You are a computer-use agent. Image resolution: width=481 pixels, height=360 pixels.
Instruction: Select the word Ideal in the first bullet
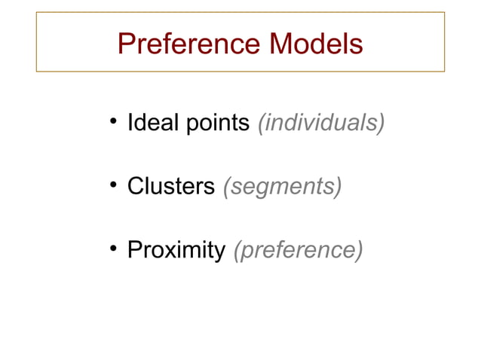[x=146, y=122]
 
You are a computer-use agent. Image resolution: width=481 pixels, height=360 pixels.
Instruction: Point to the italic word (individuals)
[x=321, y=122]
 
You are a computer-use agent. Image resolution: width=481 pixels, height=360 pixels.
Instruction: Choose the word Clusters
[x=171, y=186]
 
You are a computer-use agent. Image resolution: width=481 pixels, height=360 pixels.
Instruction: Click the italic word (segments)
[x=282, y=186]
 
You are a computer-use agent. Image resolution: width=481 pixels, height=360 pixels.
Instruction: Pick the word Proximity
[x=176, y=250]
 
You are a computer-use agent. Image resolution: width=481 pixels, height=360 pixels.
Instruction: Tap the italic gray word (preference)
[x=299, y=250]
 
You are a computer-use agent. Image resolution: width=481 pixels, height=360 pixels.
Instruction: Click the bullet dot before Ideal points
[x=112, y=123]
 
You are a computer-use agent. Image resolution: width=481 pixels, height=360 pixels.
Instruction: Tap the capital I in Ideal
[x=130, y=122]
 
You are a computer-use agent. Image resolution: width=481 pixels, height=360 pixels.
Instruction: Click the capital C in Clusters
[x=135, y=186]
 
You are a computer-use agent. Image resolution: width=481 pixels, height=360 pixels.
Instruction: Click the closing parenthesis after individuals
[x=381, y=122]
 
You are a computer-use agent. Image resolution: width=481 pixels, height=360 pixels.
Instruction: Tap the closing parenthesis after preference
[x=359, y=250]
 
